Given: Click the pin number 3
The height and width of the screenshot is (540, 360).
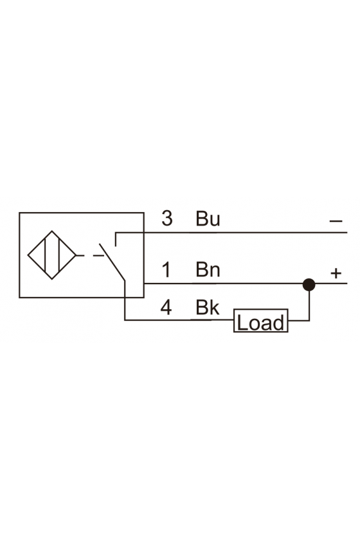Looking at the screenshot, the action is point(167,219).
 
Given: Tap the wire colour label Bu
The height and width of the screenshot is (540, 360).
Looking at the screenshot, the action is point(208,219).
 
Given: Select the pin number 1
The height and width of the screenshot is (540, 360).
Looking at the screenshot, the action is point(166,269).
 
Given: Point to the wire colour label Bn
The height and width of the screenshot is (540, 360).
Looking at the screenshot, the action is point(208,269).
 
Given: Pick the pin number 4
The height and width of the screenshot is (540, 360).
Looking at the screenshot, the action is point(166,307).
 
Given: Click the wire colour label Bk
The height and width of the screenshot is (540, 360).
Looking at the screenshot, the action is point(208,307).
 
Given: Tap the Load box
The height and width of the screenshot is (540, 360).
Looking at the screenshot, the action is point(261,321).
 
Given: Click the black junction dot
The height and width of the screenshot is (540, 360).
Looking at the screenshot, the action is point(309,285).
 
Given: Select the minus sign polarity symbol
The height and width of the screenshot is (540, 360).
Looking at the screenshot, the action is point(336,221).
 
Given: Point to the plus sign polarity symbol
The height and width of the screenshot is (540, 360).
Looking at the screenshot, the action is point(336,273).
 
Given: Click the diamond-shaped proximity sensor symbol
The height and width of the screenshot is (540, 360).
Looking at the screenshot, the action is point(51,255).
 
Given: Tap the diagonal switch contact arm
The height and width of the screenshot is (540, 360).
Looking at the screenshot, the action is point(112,262).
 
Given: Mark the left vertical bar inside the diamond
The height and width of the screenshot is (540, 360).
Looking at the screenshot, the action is point(45,255).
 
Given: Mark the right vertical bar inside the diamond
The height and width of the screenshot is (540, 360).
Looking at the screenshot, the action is point(59,255).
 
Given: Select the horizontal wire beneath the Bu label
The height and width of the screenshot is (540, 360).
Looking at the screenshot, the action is point(231,233).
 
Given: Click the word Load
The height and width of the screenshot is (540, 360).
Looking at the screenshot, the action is point(261,323).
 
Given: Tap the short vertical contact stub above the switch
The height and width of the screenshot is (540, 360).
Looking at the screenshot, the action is point(116,240).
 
